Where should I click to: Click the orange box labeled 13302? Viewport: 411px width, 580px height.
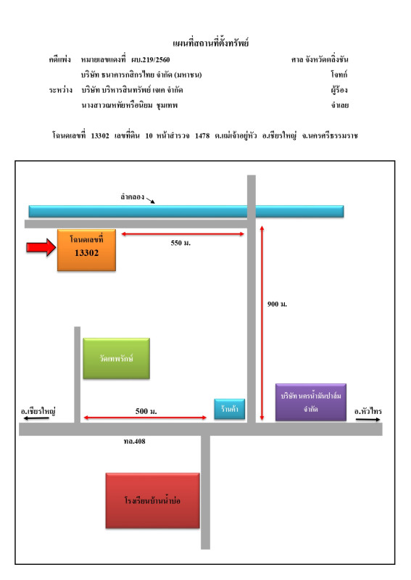[x=86, y=250]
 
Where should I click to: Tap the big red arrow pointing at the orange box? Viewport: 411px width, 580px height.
[x=41, y=247]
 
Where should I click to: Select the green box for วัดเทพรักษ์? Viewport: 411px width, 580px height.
[x=117, y=358]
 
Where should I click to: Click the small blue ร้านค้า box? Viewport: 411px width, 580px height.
[x=230, y=409]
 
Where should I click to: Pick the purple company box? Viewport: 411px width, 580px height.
[x=311, y=402]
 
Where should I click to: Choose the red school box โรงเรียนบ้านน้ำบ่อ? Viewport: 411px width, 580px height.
[x=152, y=500]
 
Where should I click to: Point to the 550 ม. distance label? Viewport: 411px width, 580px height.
[x=180, y=243]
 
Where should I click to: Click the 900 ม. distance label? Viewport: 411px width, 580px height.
[x=277, y=304]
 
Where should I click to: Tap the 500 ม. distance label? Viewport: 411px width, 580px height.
[x=146, y=411]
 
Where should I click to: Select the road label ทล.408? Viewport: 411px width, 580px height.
[x=135, y=441]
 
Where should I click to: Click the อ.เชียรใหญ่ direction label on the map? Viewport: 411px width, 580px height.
[x=38, y=411]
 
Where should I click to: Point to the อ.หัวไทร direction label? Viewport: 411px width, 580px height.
[x=368, y=411]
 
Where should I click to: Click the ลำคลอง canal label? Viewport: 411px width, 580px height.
[x=133, y=196]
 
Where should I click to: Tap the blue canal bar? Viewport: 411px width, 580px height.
[x=186, y=211]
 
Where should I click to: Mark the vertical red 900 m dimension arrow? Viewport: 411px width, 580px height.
[x=262, y=323]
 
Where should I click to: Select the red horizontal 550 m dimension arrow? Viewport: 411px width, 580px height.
[x=183, y=233]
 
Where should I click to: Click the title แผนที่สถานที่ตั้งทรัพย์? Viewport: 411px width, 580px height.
[x=210, y=43]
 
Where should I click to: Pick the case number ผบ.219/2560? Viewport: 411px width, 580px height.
[x=151, y=59]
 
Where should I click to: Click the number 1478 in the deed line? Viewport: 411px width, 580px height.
[x=202, y=136]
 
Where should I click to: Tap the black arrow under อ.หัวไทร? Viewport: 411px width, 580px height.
[x=368, y=420]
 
